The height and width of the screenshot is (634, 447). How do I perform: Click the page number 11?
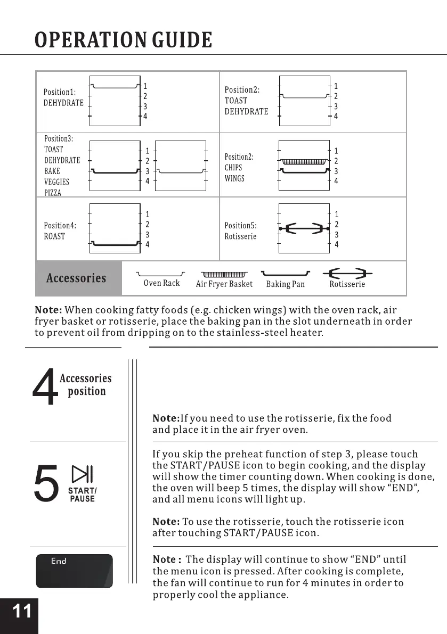[x=21, y=611]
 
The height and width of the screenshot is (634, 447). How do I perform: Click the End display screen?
[x=74, y=571]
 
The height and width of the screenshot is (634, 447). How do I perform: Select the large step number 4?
[x=45, y=389]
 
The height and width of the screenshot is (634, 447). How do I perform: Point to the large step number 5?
[x=45, y=483]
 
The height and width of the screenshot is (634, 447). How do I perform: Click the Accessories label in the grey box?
[x=76, y=278]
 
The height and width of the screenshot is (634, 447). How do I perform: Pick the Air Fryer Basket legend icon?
[x=224, y=275]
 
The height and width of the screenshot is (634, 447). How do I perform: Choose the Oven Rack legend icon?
[x=161, y=274]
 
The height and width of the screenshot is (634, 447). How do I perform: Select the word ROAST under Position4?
[x=54, y=236]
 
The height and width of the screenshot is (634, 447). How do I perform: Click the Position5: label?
[x=241, y=226]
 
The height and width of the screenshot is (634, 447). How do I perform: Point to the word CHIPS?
[x=233, y=168]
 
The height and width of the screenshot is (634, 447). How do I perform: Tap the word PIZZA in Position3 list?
[x=53, y=193]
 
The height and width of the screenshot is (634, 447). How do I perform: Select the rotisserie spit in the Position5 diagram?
[x=304, y=229]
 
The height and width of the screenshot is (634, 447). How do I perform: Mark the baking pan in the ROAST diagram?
[x=115, y=244]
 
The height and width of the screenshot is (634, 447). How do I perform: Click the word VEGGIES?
[x=56, y=182]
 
